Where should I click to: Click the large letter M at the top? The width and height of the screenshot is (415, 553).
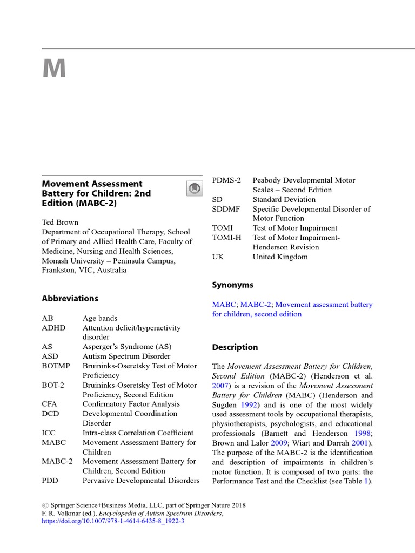pyautogui.click(x=54, y=69)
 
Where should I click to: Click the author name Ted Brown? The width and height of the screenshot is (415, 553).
pyautogui.click(x=61, y=222)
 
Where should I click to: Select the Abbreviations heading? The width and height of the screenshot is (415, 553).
pyautogui.click(x=70, y=299)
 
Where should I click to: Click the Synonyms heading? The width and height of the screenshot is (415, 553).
pyautogui.click(x=232, y=285)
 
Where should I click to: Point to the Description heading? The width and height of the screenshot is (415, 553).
pyautogui.click(x=235, y=347)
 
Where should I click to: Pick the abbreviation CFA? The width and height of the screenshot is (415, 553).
pyautogui.click(x=49, y=404)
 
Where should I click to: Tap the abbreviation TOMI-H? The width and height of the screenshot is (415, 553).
pyautogui.click(x=226, y=238)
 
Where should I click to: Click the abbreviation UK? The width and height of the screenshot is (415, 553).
pyautogui.click(x=218, y=257)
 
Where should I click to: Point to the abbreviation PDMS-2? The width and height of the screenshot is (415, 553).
pyautogui.click(x=227, y=180)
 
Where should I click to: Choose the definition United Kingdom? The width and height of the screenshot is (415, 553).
pyautogui.click(x=280, y=257)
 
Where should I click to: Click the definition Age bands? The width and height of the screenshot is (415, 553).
pyautogui.click(x=100, y=318)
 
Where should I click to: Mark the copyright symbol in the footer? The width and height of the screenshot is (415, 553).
pyautogui.click(x=45, y=505)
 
